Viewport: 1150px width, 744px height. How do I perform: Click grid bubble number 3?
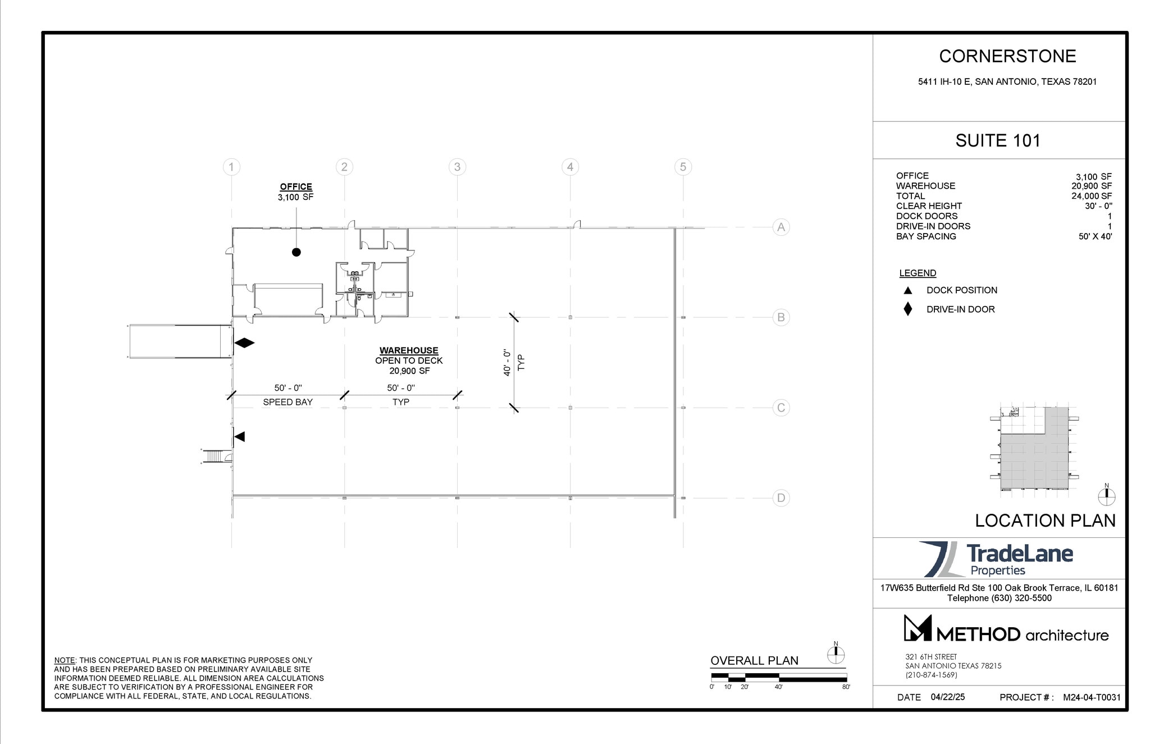tap(457, 167)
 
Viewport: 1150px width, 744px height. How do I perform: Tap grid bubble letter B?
tap(781, 317)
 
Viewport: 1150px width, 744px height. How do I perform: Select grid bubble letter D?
tap(781, 497)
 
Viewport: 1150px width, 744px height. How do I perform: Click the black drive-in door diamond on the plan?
tap(244, 343)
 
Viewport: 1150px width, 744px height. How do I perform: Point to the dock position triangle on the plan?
tap(240, 436)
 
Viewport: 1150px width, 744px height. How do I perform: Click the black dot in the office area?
tap(296, 252)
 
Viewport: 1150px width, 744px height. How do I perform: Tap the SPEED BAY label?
tap(287, 402)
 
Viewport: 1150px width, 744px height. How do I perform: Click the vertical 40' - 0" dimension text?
tap(507, 362)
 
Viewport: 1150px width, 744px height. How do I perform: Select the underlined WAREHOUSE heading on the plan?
tap(409, 350)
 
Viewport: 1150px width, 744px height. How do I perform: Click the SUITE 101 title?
tap(998, 140)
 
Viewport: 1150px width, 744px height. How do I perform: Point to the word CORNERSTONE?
tap(1007, 56)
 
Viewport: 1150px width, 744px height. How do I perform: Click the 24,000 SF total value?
tap(1091, 196)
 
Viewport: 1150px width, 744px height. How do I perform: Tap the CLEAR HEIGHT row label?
tap(929, 206)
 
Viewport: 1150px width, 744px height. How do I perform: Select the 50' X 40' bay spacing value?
tap(1095, 236)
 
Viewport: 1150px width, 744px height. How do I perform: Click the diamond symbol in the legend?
tap(907, 309)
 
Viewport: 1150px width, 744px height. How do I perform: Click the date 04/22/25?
tap(948, 697)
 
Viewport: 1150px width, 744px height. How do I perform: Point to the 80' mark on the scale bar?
tap(846, 687)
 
